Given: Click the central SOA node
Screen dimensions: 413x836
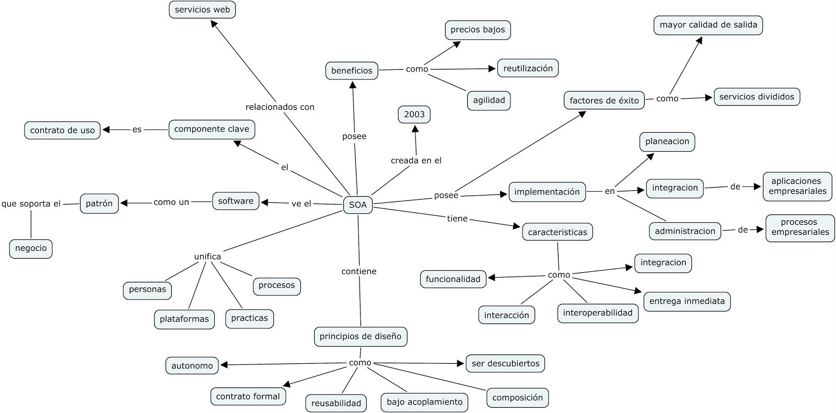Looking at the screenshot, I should (x=358, y=205).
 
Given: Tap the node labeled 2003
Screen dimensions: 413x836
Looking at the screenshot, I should (x=414, y=114).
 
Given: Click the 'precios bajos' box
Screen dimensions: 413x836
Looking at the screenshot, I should (x=478, y=30).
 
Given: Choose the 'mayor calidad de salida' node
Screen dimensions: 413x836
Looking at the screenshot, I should (x=708, y=25).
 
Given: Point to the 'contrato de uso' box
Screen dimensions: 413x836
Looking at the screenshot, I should (x=62, y=130).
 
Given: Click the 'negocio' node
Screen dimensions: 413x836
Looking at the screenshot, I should (x=31, y=248).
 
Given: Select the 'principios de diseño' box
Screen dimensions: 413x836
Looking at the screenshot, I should (x=361, y=336).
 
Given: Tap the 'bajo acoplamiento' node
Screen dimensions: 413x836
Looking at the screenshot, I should (x=424, y=402).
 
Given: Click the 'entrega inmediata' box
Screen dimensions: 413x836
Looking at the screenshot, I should (x=687, y=301).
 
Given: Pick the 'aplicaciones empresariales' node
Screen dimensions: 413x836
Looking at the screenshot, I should (x=797, y=186).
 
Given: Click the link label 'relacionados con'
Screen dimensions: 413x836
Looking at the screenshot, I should (x=280, y=107).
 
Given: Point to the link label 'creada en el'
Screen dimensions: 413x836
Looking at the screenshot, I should (x=416, y=160).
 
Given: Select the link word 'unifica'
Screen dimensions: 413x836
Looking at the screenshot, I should (x=207, y=257).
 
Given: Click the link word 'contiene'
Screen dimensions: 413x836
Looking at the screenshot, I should (x=359, y=271).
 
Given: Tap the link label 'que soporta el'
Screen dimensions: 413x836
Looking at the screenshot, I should (x=31, y=204).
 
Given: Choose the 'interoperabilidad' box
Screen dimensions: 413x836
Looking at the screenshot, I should (x=597, y=313).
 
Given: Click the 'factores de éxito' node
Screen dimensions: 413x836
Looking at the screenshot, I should (x=604, y=100).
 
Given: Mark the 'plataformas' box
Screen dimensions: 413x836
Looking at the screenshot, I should (x=184, y=319).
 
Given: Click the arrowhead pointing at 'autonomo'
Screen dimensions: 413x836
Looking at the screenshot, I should (x=224, y=365).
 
